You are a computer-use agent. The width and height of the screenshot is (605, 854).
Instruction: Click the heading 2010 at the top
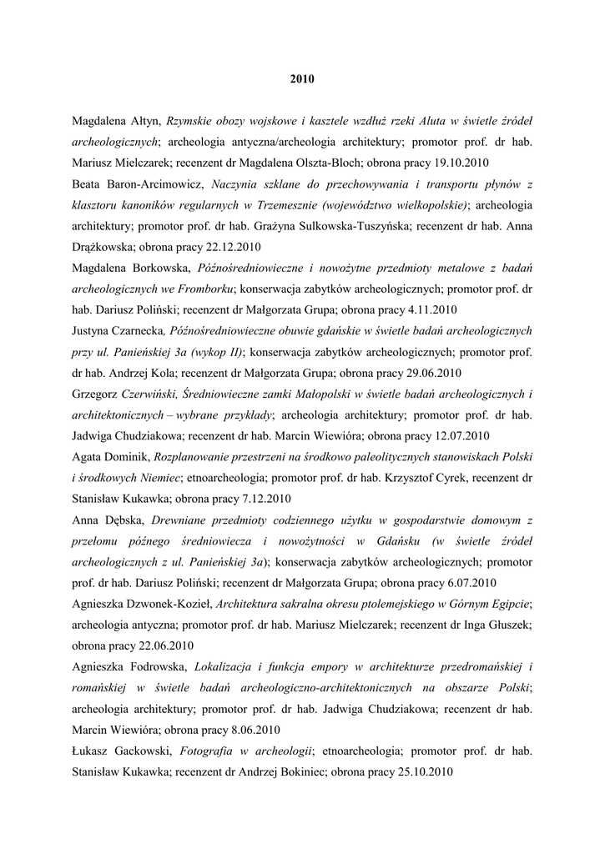(x=302, y=80)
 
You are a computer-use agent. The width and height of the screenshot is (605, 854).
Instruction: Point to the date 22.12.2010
(x=226, y=247)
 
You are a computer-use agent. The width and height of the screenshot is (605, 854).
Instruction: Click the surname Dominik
(x=134, y=456)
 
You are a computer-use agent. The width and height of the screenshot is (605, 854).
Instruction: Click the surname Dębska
(x=124, y=519)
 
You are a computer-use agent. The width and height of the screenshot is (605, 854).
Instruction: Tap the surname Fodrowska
(x=159, y=666)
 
